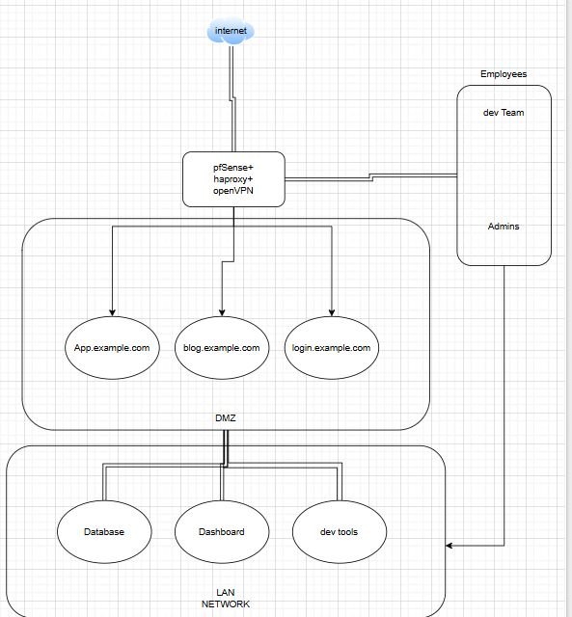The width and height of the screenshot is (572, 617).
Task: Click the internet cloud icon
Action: point(231,32)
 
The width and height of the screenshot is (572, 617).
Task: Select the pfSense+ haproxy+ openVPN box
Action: point(233,179)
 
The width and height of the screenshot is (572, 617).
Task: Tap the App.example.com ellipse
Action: point(112,348)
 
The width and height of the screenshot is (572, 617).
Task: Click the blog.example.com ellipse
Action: point(222,348)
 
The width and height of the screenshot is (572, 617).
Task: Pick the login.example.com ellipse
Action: point(331,348)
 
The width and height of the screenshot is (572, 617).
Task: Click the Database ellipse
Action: point(103,531)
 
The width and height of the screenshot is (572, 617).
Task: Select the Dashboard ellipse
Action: point(222,531)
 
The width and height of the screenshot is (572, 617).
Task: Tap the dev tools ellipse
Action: point(339,531)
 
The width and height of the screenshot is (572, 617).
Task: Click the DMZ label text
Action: point(225,417)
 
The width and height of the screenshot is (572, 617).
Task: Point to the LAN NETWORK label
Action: point(225,598)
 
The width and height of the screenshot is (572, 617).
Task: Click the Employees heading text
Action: point(504,74)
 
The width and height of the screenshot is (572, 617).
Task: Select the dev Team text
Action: point(504,113)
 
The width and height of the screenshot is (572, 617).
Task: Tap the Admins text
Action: point(504,227)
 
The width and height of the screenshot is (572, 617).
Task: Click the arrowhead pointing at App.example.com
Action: point(113,311)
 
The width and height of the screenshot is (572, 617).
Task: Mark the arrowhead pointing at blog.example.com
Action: point(222,311)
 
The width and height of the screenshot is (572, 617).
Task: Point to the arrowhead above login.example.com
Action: point(332,311)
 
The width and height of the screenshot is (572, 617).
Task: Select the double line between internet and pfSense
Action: point(232,96)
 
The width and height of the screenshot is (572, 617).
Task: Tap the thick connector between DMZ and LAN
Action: point(226,443)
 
